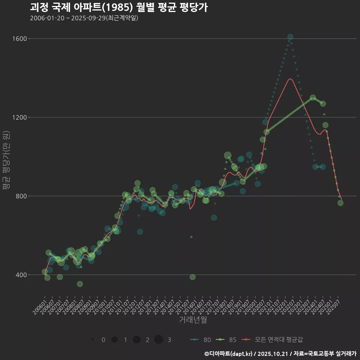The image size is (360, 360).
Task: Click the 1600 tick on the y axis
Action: [x=19, y=39]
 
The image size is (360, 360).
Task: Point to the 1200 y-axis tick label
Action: [x=19, y=117]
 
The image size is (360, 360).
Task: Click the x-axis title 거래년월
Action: [x=193, y=320]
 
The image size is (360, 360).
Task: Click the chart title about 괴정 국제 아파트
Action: [x=118, y=7]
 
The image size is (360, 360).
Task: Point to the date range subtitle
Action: [x=84, y=18]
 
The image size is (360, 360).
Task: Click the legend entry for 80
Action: [x=200, y=340]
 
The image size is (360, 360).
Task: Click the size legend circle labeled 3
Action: [x=159, y=340]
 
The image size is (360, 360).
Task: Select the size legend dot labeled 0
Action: [x=92, y=340]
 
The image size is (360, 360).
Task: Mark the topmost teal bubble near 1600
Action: [x=290, y=37]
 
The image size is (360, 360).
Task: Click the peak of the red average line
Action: [x=290, y=79]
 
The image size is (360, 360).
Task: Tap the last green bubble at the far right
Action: [x=340, y=203]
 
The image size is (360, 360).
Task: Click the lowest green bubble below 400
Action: [x=80, y=284]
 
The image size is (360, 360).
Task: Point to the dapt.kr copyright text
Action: [x=280, y=354]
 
